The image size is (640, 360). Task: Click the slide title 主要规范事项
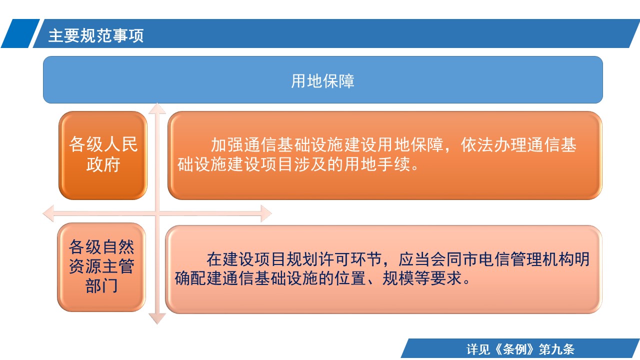96,35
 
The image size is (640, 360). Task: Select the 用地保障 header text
322,81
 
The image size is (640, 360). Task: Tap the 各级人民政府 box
103,155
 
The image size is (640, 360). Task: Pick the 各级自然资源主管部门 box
101,267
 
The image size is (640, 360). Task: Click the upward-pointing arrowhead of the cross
157,108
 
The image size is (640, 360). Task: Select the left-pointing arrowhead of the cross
48,213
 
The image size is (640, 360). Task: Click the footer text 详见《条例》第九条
520,349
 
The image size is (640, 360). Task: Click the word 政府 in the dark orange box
103,164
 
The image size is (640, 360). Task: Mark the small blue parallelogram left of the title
20,33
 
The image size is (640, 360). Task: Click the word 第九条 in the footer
556,349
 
